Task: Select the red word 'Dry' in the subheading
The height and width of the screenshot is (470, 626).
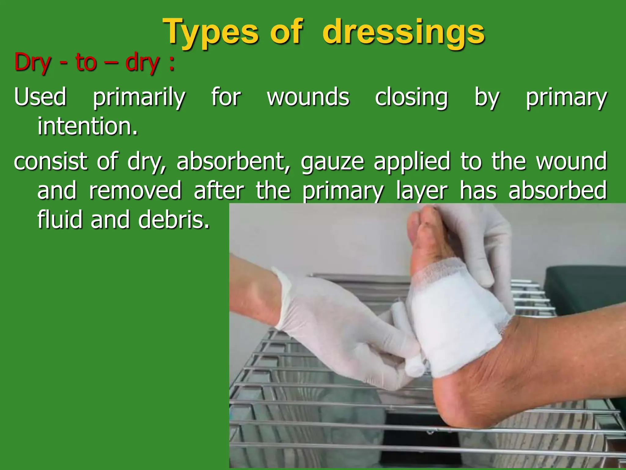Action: [32, 63]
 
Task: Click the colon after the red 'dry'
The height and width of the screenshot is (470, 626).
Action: [172, 64]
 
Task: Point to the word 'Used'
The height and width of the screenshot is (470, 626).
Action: [40, 97]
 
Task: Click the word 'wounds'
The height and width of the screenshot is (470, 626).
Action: [308, 97]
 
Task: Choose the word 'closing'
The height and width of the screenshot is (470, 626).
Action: [411, 97]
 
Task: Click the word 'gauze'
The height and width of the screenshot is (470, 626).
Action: [332, 161]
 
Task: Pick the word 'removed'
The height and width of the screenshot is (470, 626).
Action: [135, 190]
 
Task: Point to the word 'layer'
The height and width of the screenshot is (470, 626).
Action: [422, 190]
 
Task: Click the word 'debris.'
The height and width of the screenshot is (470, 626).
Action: [174, 219]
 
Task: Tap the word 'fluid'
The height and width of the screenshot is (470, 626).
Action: [60, 219]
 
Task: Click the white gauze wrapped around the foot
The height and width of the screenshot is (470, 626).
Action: [452, 321]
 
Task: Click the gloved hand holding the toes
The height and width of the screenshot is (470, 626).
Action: [483, 242]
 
